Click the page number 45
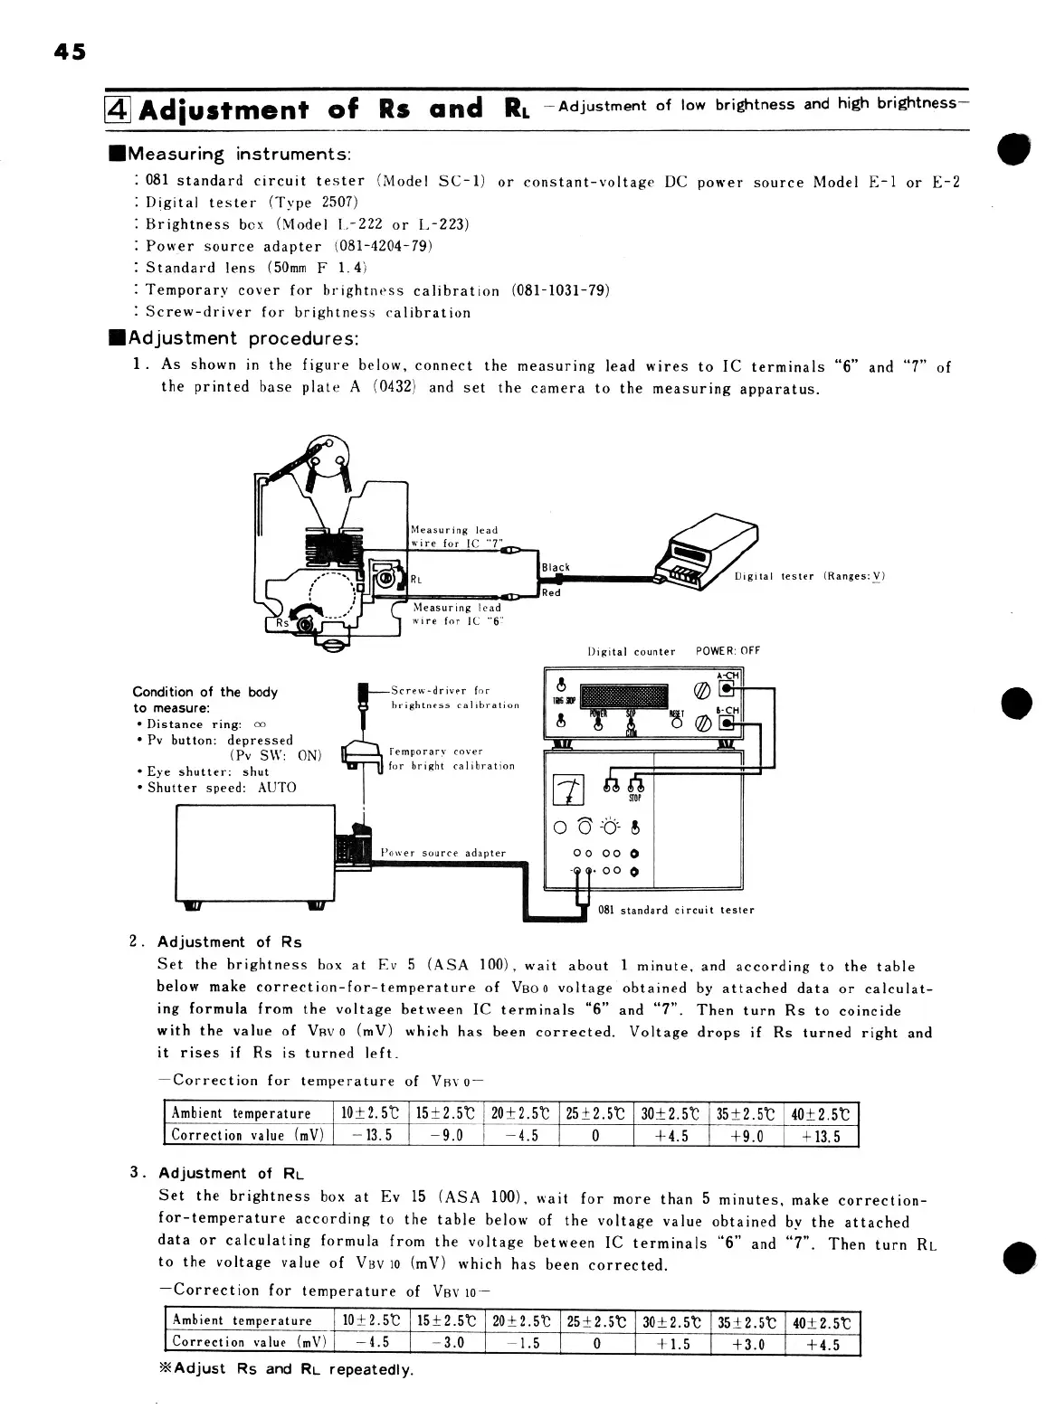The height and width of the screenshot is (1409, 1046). (x=68, y=52)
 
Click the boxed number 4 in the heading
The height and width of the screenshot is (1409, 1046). (x=120, y=109)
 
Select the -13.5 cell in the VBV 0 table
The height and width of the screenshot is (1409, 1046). (x=372, y=1136)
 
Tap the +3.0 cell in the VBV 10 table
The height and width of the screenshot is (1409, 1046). (x=747, y=1344)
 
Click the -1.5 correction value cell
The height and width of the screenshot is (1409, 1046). (x=521, y=1344)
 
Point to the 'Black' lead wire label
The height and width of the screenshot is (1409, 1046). (x=556, y=568)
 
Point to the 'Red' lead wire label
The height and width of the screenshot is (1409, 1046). (x=551, y=593)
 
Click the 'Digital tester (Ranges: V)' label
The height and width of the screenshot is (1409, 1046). (x=809, y=576)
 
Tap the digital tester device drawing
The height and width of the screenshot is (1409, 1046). (x=710, y=549)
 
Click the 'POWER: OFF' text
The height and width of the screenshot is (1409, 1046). (x=727, y=651)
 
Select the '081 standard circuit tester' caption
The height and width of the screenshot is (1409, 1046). (x=676, y=910)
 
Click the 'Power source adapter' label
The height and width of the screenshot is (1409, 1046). (x=442, y=853)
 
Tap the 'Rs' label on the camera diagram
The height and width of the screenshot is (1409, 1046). (x=284, y=622)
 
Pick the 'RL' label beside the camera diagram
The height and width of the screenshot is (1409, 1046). (x=417, y=580)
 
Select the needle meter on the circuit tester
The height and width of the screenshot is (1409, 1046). (x=566, y=790)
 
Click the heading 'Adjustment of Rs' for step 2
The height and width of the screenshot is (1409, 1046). (x=229, y=942)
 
